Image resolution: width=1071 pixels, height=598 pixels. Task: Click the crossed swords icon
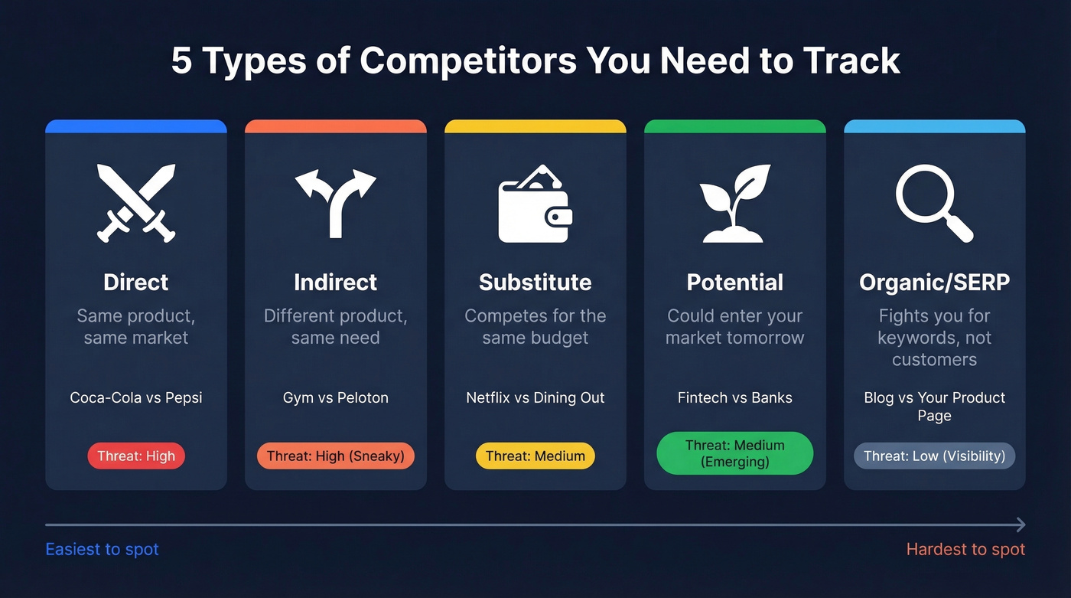[136, 202]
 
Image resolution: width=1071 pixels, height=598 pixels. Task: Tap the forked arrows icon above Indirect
[336, 203]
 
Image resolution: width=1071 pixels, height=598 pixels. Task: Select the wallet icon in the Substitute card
[535, 204]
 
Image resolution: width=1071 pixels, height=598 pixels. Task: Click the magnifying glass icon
[934, 203]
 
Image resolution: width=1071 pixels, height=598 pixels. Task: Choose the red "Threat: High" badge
[136, 456]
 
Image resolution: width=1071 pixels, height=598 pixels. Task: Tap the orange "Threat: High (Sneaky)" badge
[336, 456]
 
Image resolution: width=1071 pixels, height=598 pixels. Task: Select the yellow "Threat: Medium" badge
[535, 456]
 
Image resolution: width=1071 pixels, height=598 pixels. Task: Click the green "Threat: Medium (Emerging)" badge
[735, 453]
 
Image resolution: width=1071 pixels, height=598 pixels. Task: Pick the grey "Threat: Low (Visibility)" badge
[934, 456]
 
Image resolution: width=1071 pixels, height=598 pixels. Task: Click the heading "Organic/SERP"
[934, 283]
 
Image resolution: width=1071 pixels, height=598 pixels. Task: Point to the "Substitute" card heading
[535, 283]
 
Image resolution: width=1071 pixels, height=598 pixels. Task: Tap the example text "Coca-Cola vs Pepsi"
[136, 397]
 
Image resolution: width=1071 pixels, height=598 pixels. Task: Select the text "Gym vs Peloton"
[336, 397]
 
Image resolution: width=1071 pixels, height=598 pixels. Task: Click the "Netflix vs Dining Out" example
[535, 397]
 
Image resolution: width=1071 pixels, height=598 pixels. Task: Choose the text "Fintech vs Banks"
[735, 397]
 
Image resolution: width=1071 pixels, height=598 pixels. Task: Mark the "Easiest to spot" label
[103, 550]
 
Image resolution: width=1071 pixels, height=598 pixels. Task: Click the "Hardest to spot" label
[965, 550]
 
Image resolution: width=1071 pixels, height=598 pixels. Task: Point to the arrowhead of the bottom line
[1021, 524]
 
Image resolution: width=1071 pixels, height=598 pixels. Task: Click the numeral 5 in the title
[181, 61]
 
